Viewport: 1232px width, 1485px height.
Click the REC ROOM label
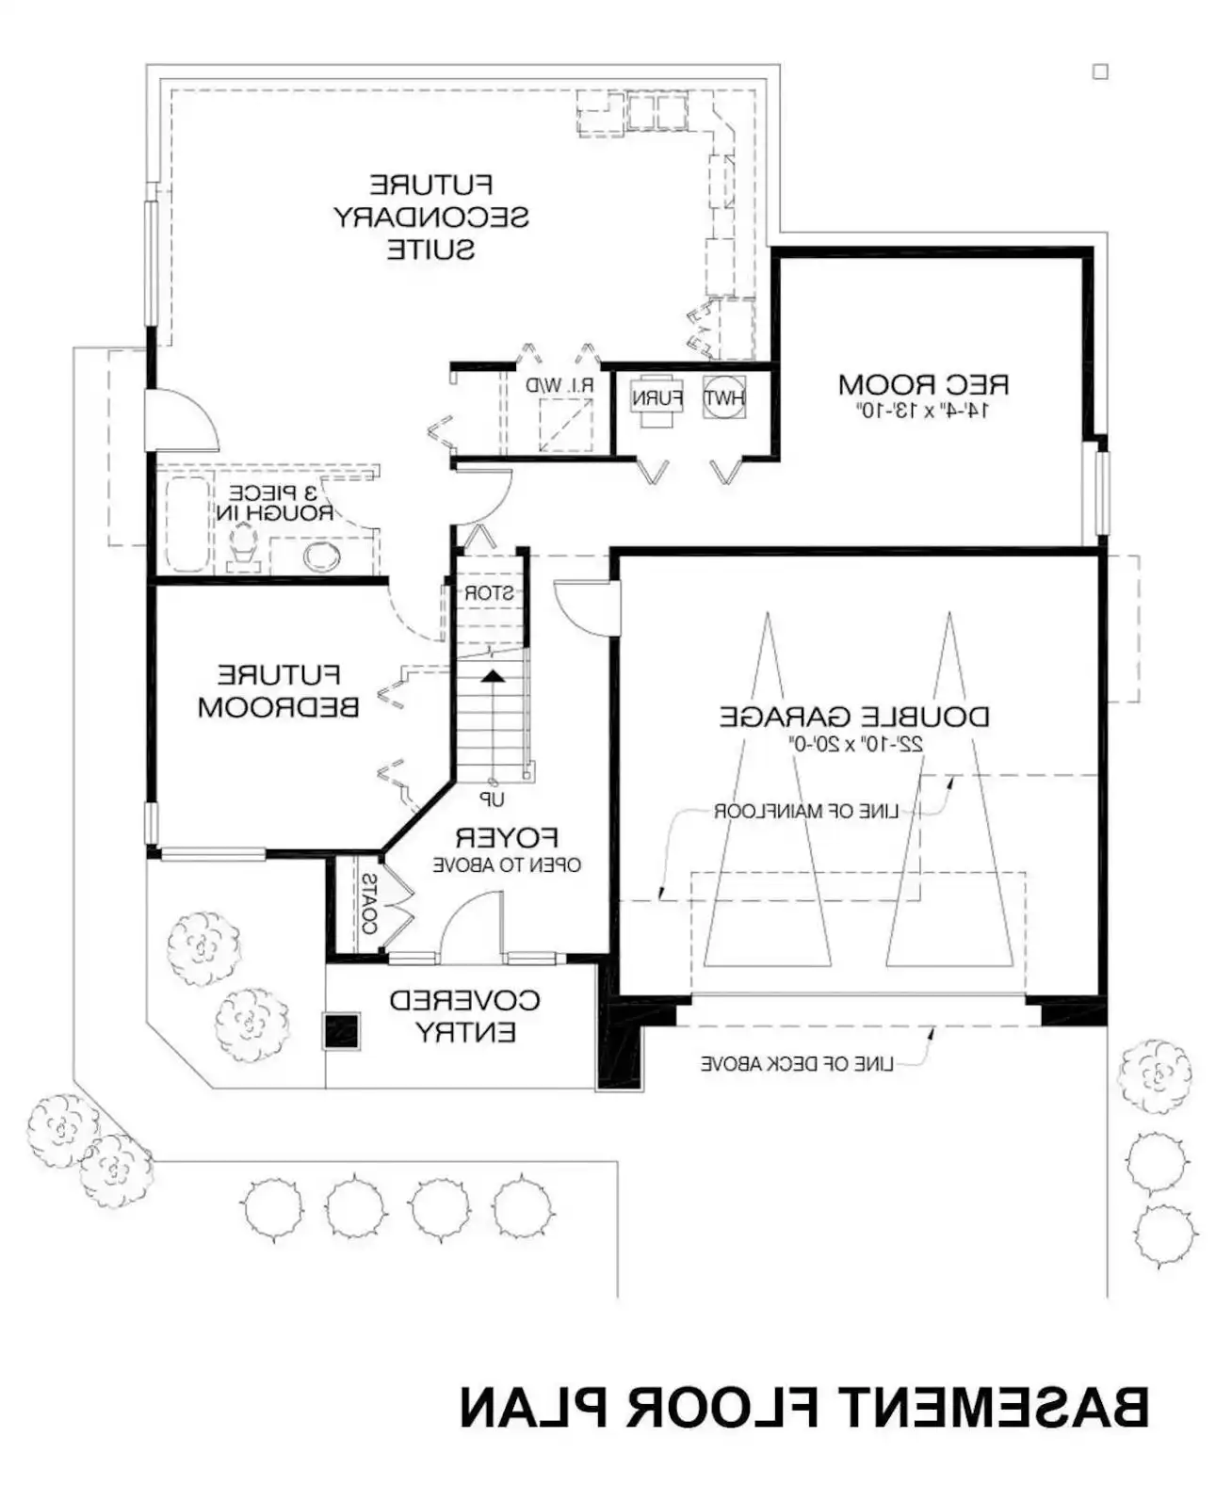[922, 385]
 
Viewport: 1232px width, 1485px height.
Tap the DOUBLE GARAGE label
[853, 717]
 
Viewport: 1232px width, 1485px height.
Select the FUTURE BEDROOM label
[278, 690]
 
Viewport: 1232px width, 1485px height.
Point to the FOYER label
[507, 838]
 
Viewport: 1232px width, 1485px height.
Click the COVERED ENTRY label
[464, 1016]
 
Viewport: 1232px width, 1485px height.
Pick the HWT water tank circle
[724, 398]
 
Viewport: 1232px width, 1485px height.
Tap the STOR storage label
[489, 593]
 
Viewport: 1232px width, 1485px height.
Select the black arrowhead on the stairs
[493, 676]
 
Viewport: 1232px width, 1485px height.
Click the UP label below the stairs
[492, 800]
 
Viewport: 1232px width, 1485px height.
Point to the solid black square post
[341, 1031]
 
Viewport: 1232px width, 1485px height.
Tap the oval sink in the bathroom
[322, 557]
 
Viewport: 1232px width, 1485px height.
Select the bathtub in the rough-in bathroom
[187, 525]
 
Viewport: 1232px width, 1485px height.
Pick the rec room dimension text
[922, 412]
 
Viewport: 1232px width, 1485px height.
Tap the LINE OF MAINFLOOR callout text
[806, 811]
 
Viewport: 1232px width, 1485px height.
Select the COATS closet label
[369, 904]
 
